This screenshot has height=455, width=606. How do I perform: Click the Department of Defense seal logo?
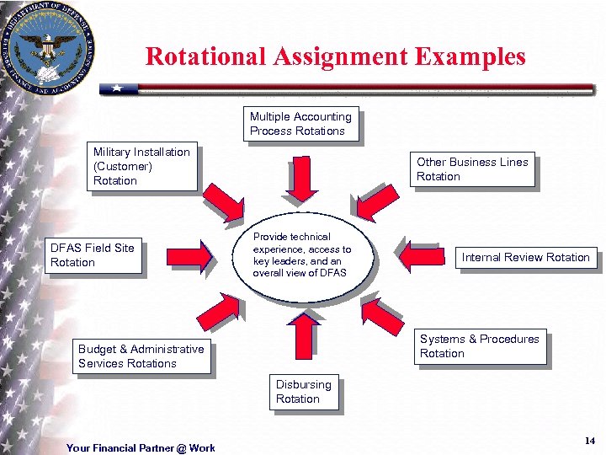click(48, 48)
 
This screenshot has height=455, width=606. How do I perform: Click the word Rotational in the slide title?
click(205, 56)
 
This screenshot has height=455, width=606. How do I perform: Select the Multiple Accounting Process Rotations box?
click(300, 124)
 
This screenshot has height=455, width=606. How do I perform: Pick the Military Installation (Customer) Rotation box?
click(141, 166)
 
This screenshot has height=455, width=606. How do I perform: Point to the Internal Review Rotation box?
click(525, 257)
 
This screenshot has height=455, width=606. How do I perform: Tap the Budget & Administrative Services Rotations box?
click(141, 356)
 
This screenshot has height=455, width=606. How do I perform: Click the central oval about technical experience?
click(302, 255)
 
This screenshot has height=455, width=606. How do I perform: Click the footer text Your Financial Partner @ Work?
click(141, 447)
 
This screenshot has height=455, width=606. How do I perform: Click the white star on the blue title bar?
click(119, 88)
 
